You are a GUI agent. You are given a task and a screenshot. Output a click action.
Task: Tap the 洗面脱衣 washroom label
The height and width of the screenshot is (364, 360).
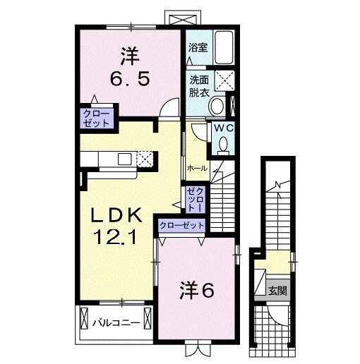coord(198,86)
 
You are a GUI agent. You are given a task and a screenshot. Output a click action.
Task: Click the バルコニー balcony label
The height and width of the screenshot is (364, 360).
coord(114,323)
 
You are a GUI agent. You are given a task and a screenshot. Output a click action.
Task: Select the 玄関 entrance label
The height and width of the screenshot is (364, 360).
coord(277,291)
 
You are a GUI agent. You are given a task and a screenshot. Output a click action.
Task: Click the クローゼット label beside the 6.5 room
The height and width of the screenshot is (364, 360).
coord(97,118)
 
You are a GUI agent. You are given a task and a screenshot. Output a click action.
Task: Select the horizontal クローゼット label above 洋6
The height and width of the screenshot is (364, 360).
coord(181,225)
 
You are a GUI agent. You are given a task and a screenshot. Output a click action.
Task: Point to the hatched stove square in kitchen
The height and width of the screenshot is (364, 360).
coord(146,159)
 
